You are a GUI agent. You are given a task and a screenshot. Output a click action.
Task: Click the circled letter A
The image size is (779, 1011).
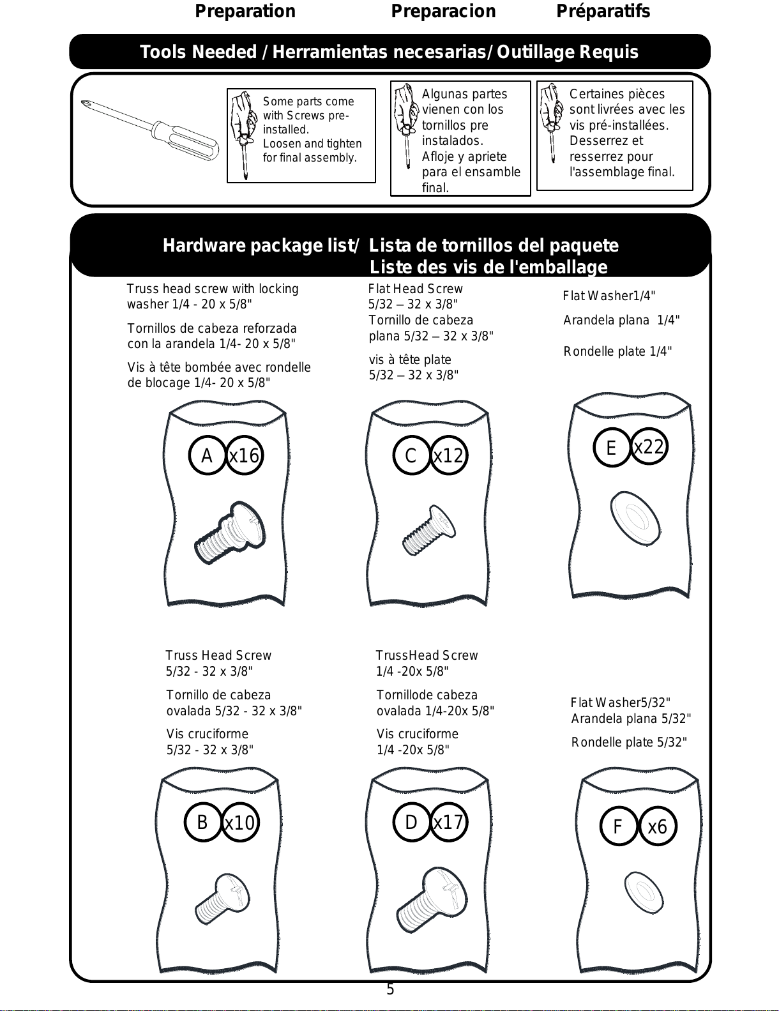pos(207,455)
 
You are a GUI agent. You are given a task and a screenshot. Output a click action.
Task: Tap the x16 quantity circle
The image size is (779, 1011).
pos(244,455)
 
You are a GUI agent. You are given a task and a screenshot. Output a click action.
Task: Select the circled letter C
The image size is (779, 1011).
pos(411,455)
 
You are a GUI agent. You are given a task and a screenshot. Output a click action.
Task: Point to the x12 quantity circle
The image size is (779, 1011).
pos(448,455)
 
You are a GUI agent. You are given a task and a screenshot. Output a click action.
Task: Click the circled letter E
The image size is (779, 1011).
pos(611,448)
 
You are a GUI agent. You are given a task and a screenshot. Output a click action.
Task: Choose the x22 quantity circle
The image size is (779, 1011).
pos(649,446)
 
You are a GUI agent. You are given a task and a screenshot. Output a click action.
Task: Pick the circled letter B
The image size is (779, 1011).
pos(202,822)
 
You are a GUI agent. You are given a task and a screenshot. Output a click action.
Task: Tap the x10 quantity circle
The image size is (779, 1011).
pos(240,823)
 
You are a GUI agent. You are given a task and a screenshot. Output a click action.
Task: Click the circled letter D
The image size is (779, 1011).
pos(411,822)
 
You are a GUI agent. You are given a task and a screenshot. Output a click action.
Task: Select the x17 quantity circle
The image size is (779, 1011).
pos(448,822)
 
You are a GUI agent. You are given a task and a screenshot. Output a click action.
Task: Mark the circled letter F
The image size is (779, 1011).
pos(618,826)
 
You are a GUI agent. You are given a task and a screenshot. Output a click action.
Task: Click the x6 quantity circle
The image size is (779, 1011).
pos(657,826)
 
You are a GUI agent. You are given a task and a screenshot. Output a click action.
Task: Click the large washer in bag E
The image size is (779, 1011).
pos(635,518)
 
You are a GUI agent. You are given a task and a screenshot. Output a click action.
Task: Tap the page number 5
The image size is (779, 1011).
pos(390,989)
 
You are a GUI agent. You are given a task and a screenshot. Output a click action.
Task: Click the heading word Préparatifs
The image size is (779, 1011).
pos(603,11)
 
